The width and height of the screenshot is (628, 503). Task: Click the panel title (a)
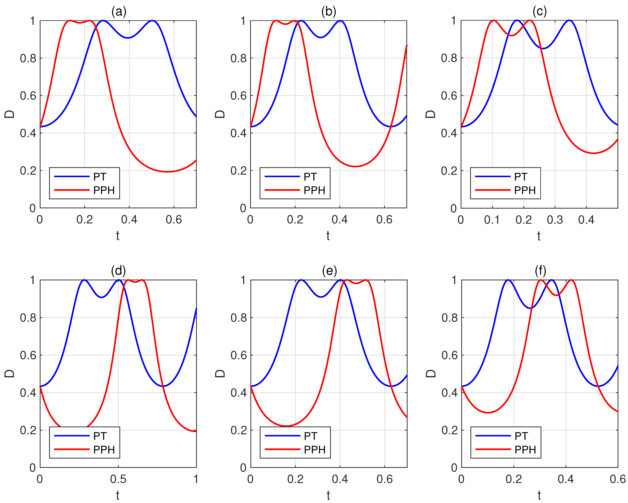point(119,12)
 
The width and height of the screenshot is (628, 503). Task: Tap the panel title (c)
point(539,12)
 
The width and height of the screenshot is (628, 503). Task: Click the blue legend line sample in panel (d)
point(72,436)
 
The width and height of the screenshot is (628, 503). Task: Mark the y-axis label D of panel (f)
point(431,373)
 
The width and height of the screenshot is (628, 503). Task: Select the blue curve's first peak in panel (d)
point(84,280)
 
